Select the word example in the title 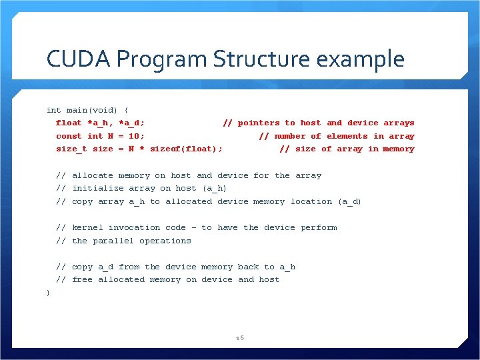(361, 59)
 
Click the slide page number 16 (240, 338)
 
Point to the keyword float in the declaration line (69, 123)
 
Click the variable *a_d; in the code (131, 123)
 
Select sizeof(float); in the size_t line (186, 149)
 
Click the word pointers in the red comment (259, 123)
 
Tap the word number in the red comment (289, 136)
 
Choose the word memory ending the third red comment (399, 149)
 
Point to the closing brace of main (48, 293)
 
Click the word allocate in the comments (93, 175)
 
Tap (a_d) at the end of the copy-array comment (349, 201)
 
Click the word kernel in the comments (87, 227)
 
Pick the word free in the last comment (82, 279)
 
